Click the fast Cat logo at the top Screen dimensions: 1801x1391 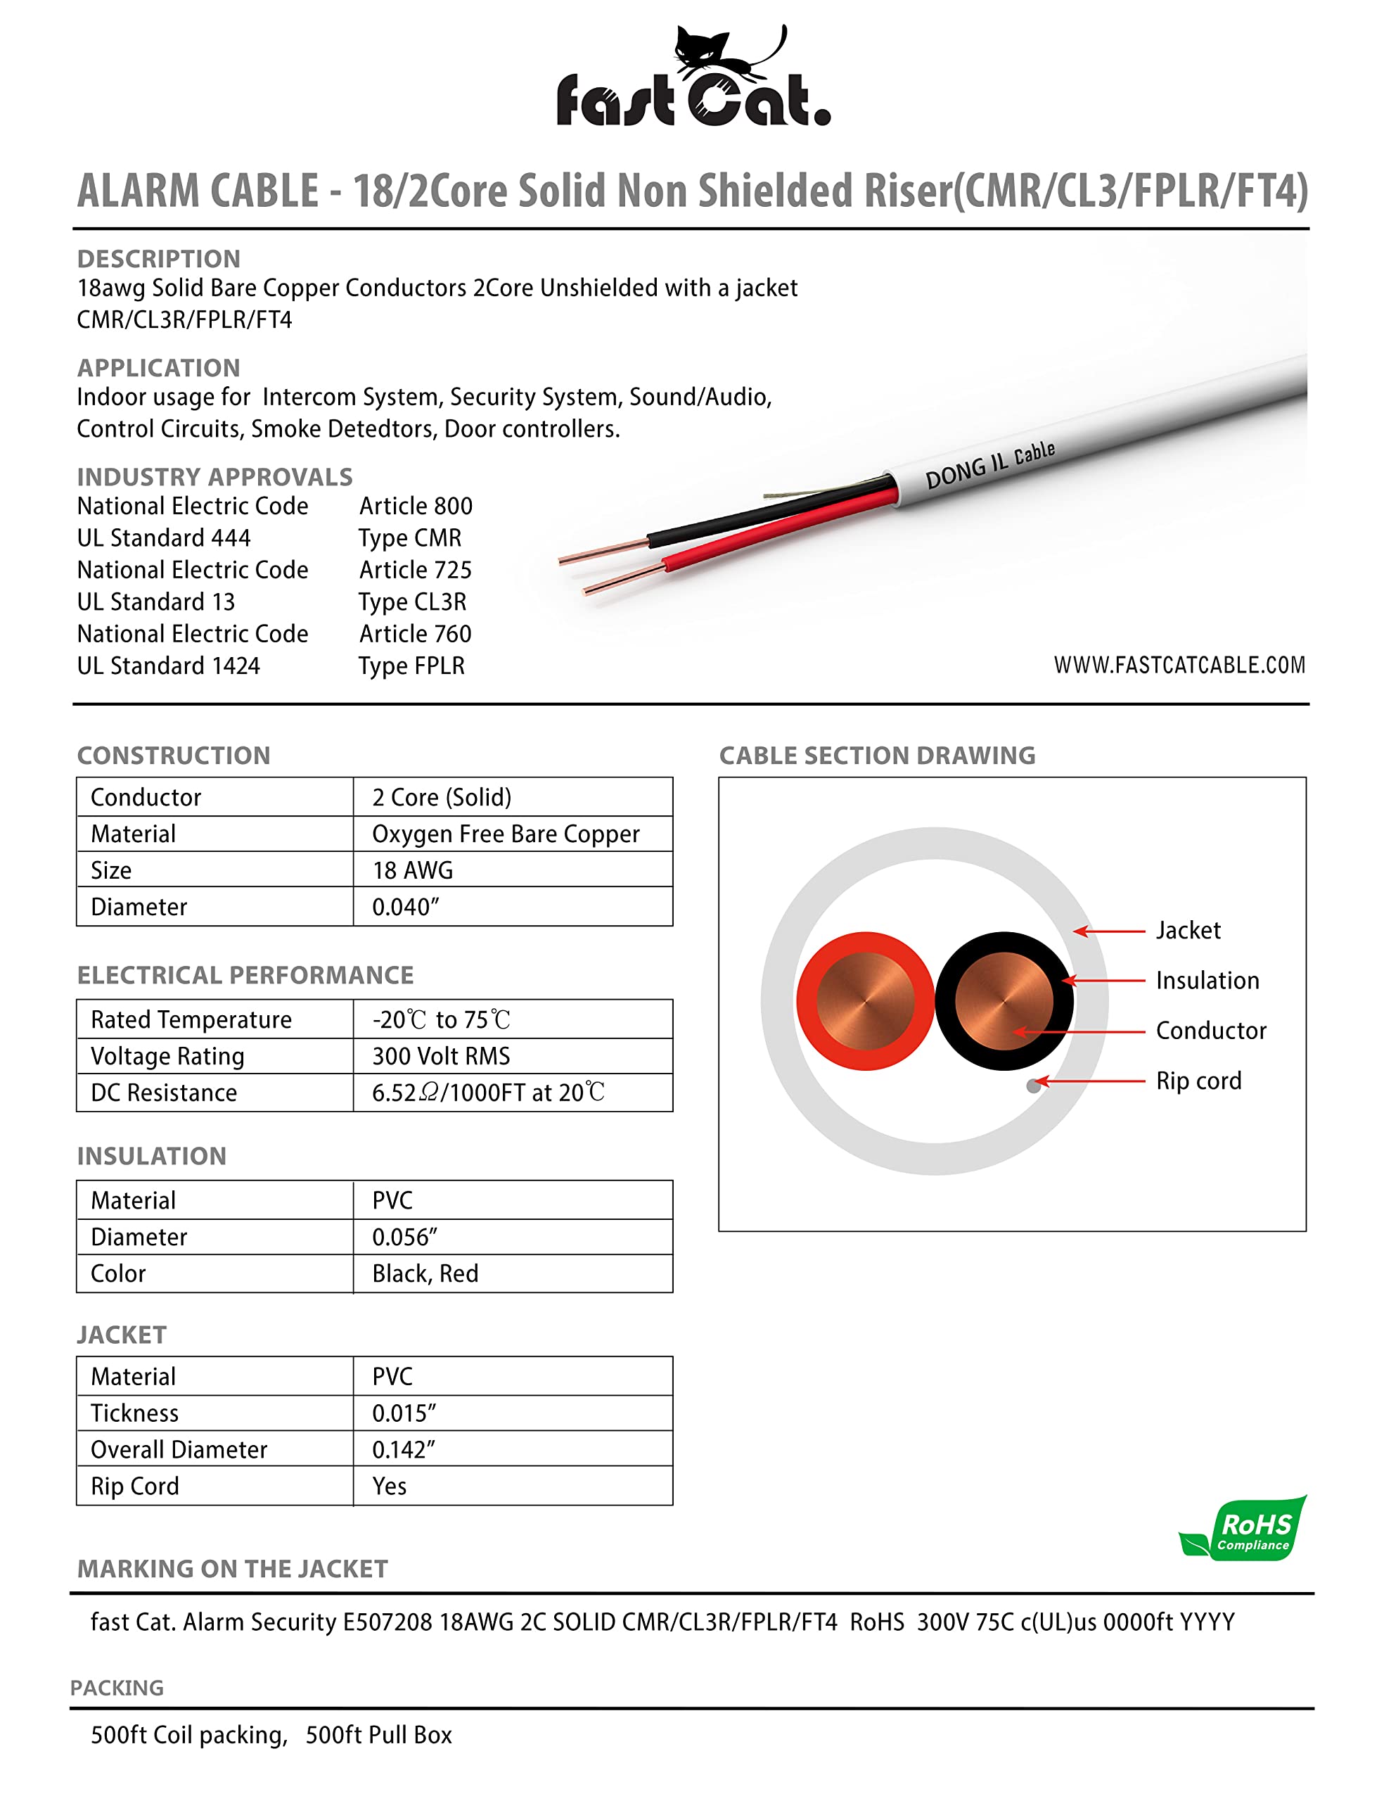point(693,78)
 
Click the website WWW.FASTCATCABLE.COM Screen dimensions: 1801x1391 point(1179,665)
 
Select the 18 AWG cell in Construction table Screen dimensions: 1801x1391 point(412,870)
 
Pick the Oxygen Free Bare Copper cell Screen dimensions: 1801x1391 point(506,834)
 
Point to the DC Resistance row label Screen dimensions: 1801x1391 point(164,1093)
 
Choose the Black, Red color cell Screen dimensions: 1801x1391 point(425,1273)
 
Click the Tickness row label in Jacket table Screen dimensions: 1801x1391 point(134,1413)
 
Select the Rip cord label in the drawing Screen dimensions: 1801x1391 point(1198,1081)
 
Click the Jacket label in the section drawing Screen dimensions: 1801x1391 point(1187,930)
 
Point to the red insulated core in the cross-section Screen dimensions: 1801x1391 point(865,1001)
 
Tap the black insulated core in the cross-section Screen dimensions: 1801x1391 point(1004,1001)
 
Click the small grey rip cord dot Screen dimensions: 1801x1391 point(1033,1086)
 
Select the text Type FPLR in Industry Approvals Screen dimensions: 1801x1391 point(411,666)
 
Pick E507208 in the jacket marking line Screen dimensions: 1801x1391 point(387,1622)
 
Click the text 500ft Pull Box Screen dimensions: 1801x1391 point(378,1734)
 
